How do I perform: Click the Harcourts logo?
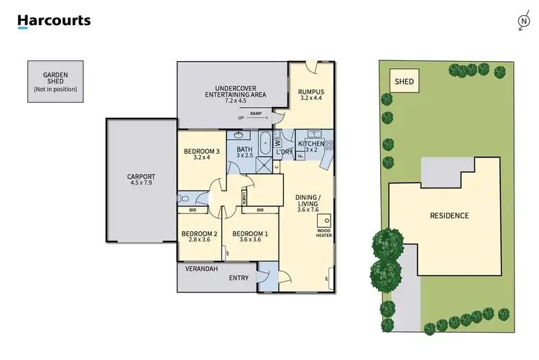click(x=54, y=22)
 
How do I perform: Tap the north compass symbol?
click(x=522, y=22)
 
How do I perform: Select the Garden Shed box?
click(x=55, y=80)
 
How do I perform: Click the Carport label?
click(x=141, y=176)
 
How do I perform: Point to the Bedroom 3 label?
click(x=201, y=150)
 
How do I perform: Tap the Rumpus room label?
click(x=311, y=91)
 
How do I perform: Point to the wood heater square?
click(x=326, y=221)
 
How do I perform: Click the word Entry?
click(x=238, y=277)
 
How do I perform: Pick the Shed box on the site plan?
click(x=404, y=82)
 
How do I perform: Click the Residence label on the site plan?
click(x=449, y=216)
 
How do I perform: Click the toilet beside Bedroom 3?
click(x=183, y=198)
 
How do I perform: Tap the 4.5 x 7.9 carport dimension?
click(x=141, y=183)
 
